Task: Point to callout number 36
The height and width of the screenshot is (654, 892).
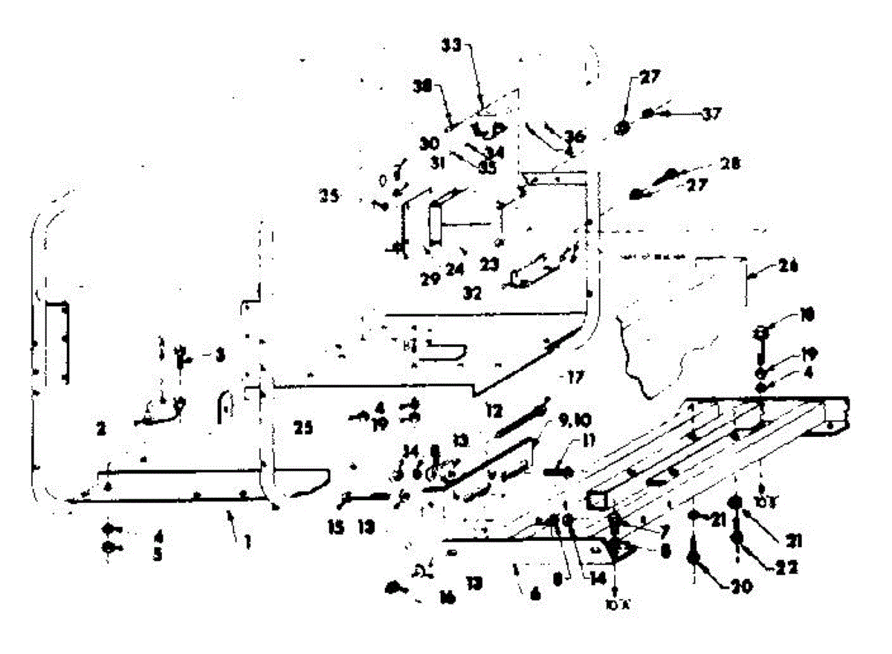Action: [x=574, y=137]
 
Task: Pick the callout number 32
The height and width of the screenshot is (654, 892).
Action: [x=471, y=293]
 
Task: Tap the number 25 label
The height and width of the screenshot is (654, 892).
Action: [x=303, y=427]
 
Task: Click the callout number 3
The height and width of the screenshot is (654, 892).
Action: [x=219, y=356]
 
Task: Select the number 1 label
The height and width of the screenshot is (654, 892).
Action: [x=247, y=543]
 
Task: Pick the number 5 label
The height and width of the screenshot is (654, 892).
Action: [x=158, y=554]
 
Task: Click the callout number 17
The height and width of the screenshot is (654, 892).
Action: [x=572, y=377]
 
